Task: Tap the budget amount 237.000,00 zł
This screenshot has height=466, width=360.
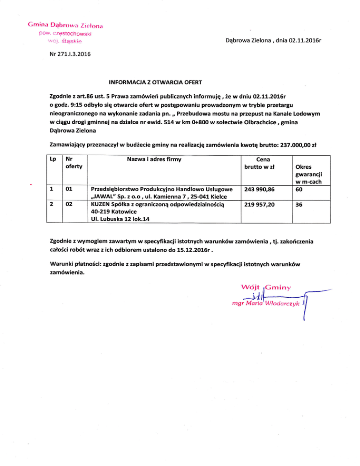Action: click(294, 145)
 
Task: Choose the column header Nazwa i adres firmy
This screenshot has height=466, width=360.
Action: click(154, 160)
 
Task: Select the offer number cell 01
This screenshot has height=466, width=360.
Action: click(70, 189)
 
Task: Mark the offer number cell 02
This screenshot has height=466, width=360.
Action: click(70, 205)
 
